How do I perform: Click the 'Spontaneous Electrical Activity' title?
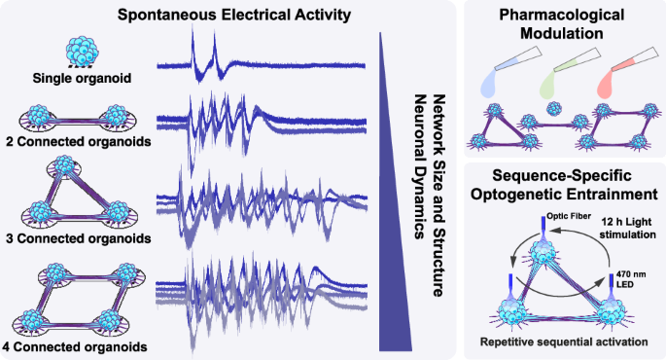pos(234,15)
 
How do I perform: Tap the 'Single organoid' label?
pos(82,78)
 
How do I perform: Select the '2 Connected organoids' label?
pos(79,141)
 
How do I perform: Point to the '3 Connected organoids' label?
pos(79,238)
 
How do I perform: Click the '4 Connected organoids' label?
pos(75,346)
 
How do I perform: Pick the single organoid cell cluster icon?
pos(83,52)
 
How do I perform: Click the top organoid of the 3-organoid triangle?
pos(64,164)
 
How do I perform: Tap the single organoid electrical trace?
pos(261,59)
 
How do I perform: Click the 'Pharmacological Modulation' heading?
pos(562,23)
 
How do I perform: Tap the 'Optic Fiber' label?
pos(569,216)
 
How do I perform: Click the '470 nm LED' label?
pos(631,279)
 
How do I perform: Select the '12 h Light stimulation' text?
pos(628,229)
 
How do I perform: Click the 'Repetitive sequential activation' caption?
pos(564,342)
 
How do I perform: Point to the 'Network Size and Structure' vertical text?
pos(438,196)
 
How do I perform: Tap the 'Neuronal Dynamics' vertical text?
pos(420,166)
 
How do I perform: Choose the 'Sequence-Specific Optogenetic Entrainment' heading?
pos(564,185)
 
